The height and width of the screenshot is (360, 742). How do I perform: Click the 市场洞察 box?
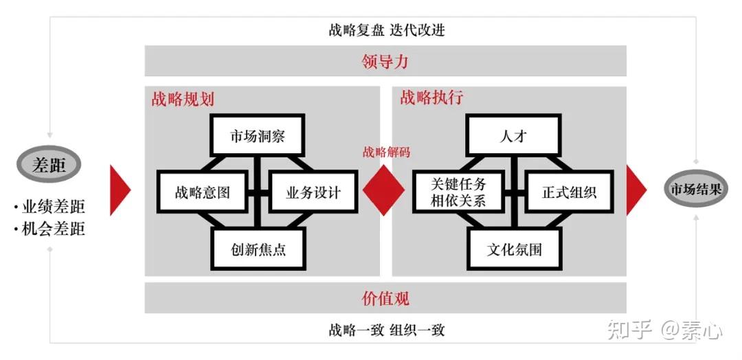tap(257, 136)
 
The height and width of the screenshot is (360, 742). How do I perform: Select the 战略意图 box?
tap(201, 192)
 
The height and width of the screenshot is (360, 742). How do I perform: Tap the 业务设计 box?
tap(313, 192)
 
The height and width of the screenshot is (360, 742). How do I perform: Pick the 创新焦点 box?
tap(258, 249)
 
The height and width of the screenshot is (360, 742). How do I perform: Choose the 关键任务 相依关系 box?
tap(458, 192)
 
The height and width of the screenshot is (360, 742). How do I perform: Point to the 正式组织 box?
tap(569, 192)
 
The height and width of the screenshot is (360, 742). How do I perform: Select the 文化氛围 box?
tap(514, 249)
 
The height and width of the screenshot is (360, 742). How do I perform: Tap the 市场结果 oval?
tap(696, 188)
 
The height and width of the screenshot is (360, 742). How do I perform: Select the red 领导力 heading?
tap(385, 62)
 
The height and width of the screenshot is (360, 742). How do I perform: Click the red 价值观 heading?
tap(385, 299)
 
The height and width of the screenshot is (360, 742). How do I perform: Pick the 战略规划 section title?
tap(183, 99)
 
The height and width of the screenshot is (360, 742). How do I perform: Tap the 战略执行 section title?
tap(431, 98)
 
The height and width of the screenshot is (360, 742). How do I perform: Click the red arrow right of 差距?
tap(120, 190)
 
